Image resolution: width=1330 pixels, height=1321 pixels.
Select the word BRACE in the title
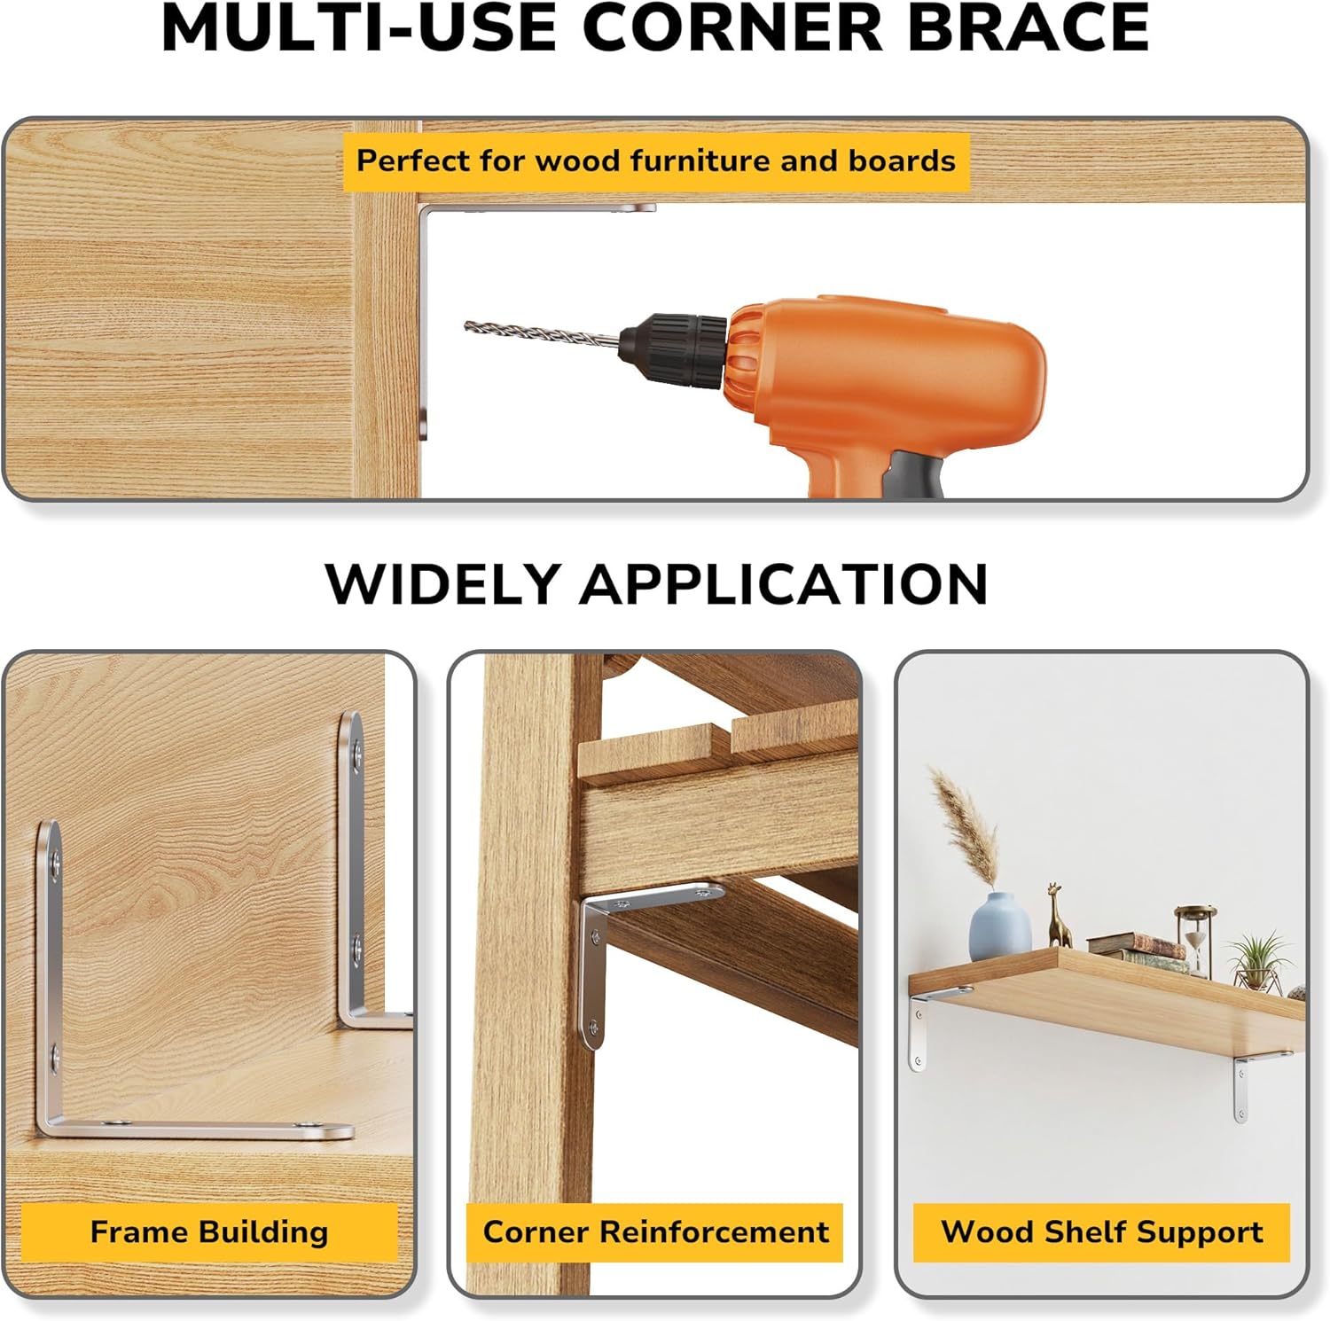tap(1028, 28)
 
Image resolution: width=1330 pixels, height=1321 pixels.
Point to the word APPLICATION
tap(784, 584)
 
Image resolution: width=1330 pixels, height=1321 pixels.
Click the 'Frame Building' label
tap(208, 1231)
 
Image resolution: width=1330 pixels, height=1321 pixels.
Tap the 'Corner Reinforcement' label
tap(655, 1231)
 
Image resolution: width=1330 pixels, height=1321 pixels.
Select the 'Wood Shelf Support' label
tap(1101, 1231)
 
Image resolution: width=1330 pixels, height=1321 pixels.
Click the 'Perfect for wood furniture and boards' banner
tap(655, 160)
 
